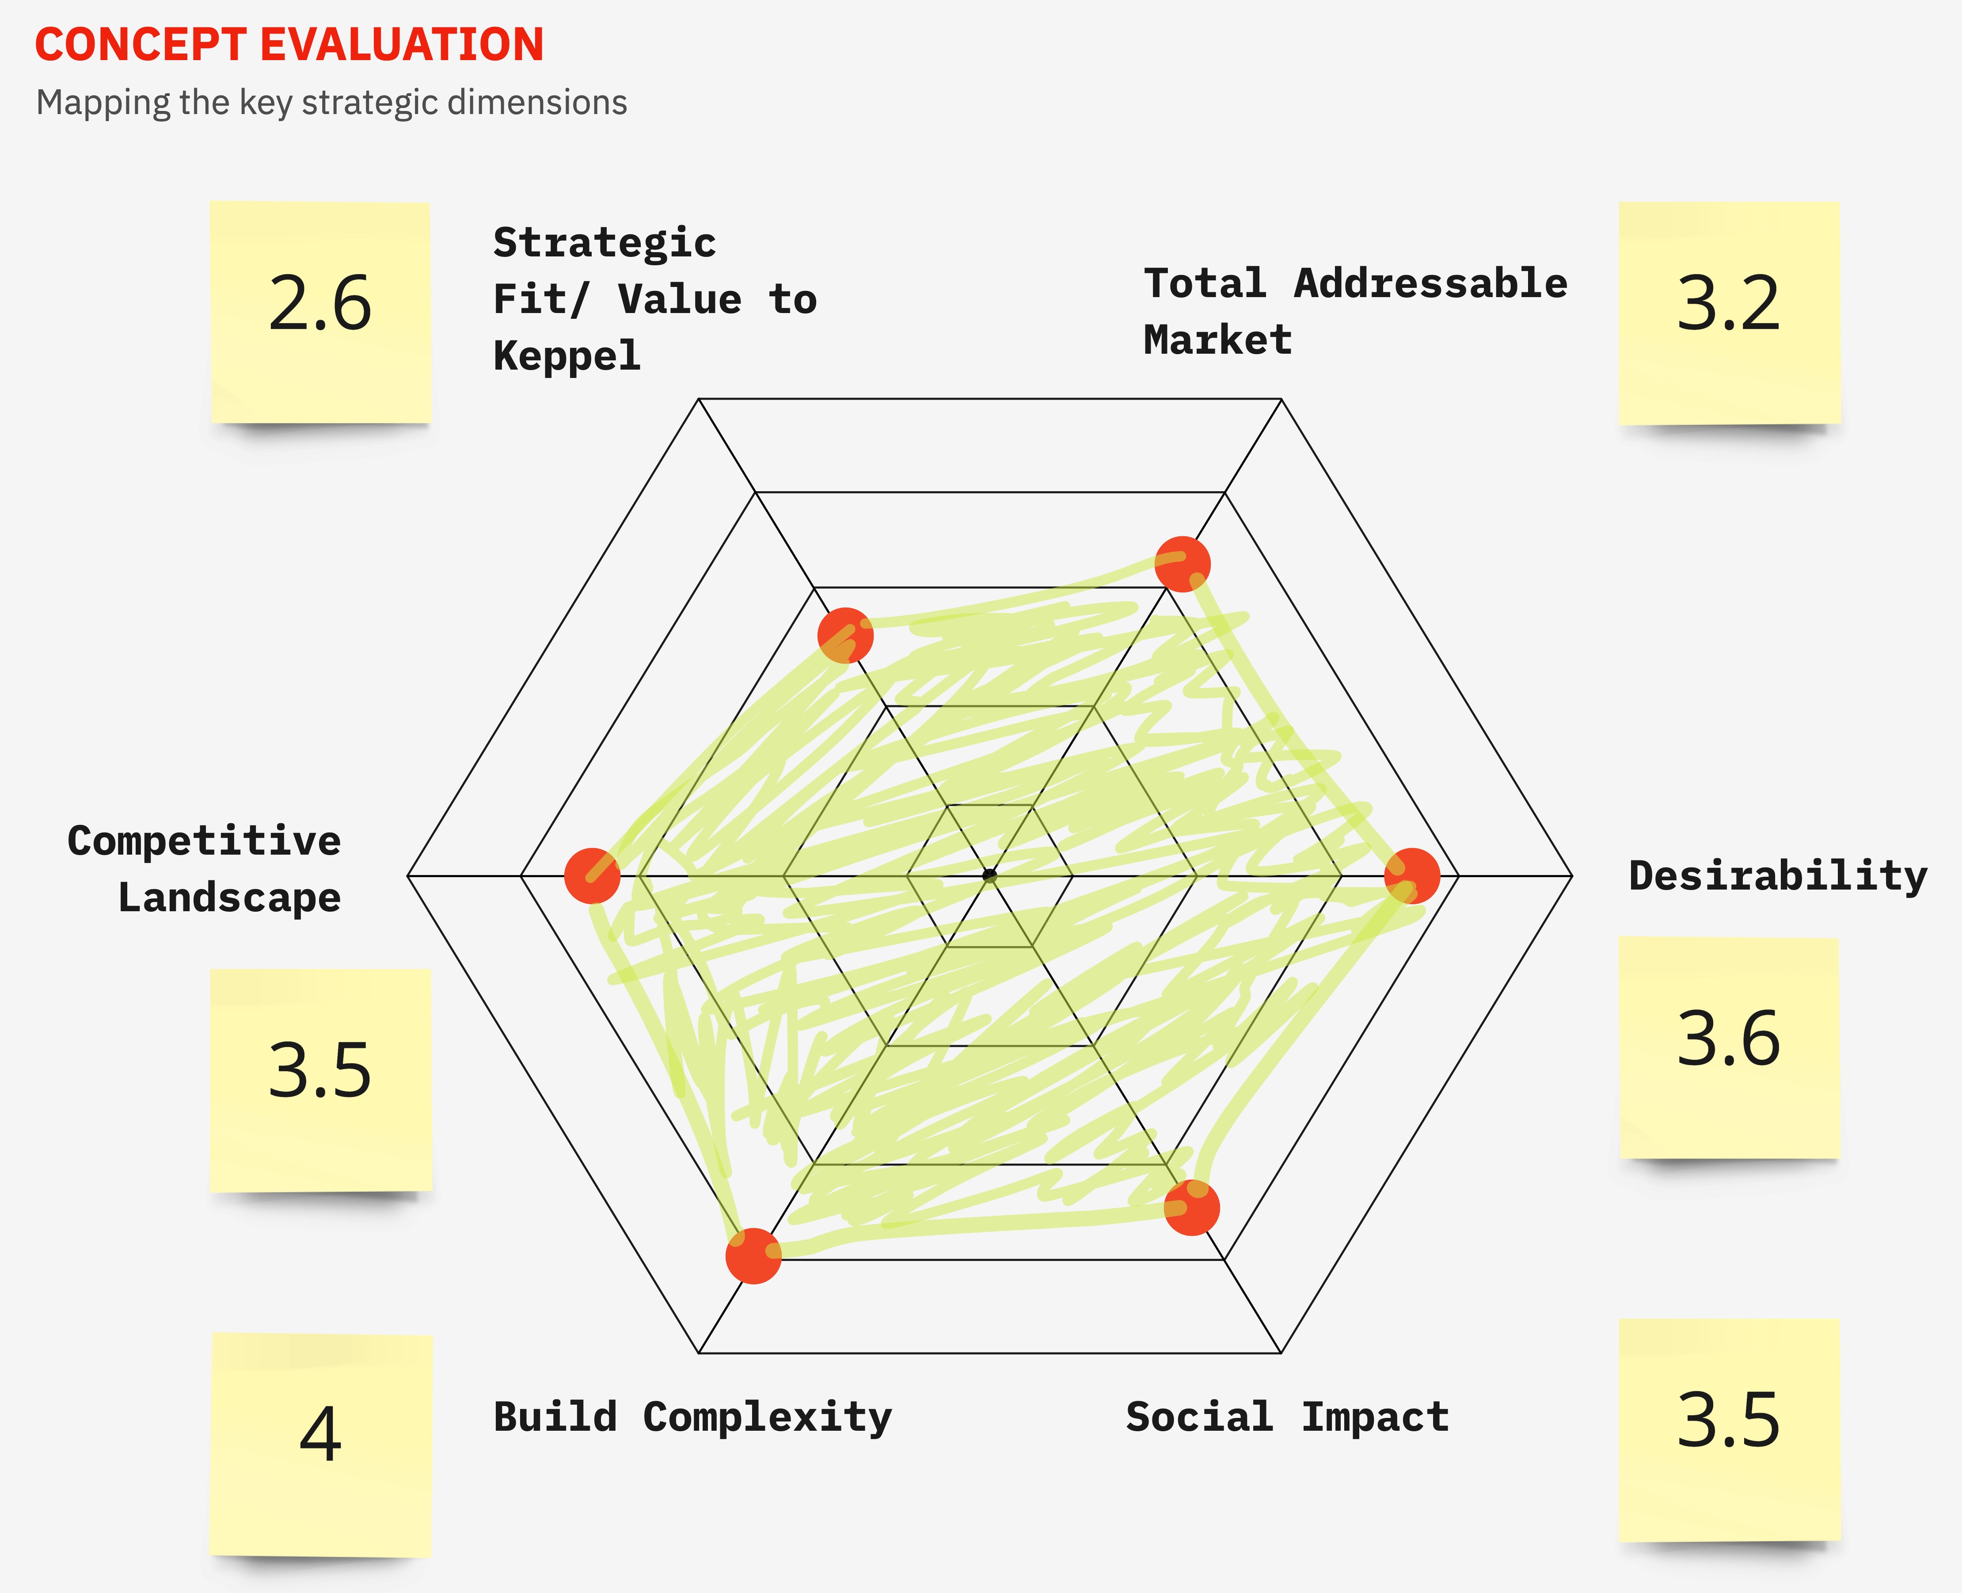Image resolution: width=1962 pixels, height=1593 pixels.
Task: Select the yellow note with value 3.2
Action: click(1729, 312)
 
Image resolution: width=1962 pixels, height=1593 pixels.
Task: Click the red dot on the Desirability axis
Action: click(1412, 875)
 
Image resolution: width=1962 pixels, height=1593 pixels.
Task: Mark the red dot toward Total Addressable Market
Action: click(1183, 563)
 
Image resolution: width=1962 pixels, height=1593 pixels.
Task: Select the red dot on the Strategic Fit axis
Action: click(845, 635)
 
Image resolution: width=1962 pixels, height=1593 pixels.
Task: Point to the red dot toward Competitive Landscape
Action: click(592, 875)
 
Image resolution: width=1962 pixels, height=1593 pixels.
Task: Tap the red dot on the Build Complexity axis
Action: click(753, 1255)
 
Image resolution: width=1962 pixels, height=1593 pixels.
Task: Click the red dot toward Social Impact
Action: click(1191, 1207)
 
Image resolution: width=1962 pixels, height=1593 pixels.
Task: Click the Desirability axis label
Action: click(1778, 875)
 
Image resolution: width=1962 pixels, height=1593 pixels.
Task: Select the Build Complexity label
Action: click(692, 1417)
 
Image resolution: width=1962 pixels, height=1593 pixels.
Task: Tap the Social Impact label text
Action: click(1287, 1417)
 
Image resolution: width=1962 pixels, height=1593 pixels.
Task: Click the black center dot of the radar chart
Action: click(989, 875)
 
